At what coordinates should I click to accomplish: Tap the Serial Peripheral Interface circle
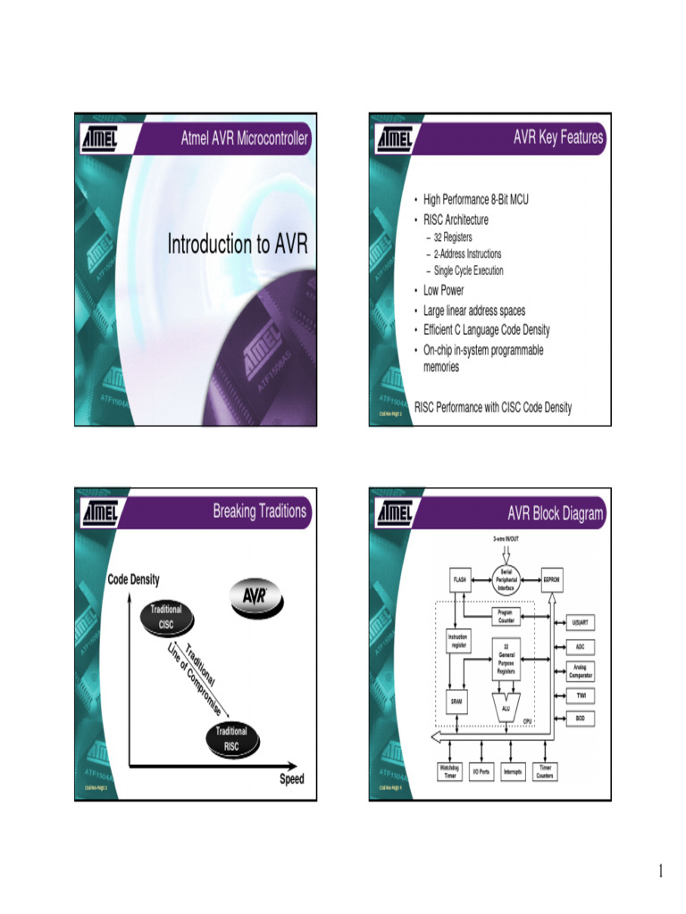[x=506, y=579]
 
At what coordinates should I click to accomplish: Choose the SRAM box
[x=457, y=702]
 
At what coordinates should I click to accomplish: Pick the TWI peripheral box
[x=581, y=694]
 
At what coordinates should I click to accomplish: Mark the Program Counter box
[x=506, y=616]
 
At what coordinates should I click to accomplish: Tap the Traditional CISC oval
[x=166, y=617]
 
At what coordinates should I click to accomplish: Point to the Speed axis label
[x=291, y=779]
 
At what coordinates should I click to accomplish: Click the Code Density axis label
[x=134, y=579]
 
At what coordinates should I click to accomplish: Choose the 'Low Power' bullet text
[x=444, y=290]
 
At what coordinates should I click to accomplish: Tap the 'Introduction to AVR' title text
[x=237, y=245]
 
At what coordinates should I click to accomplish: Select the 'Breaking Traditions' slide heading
[x=259, y=511]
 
